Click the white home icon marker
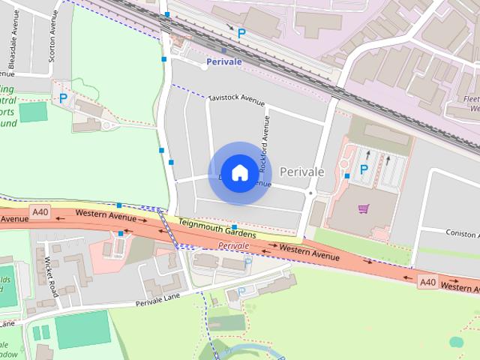(x=239, y=172)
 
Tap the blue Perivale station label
(x=224, y=61)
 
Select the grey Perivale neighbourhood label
(x=301, y=172)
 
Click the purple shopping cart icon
(x=364, y=209)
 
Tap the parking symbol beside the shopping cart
(x=364, y=169)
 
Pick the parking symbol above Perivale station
(x=241, y=33)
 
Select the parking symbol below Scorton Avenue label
(x=64, y=98)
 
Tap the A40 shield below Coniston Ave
(x=427, y=282)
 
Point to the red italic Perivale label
(x=233, y=246)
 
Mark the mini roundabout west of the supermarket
(x=310, y=193)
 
